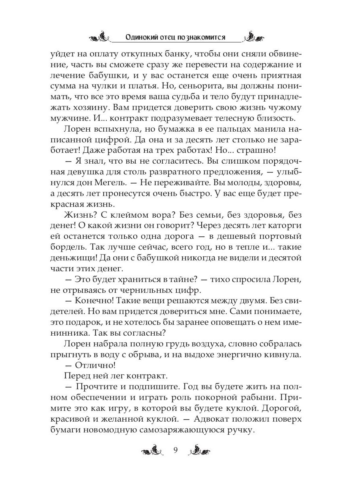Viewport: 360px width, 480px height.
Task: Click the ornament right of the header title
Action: coord(256,37)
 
